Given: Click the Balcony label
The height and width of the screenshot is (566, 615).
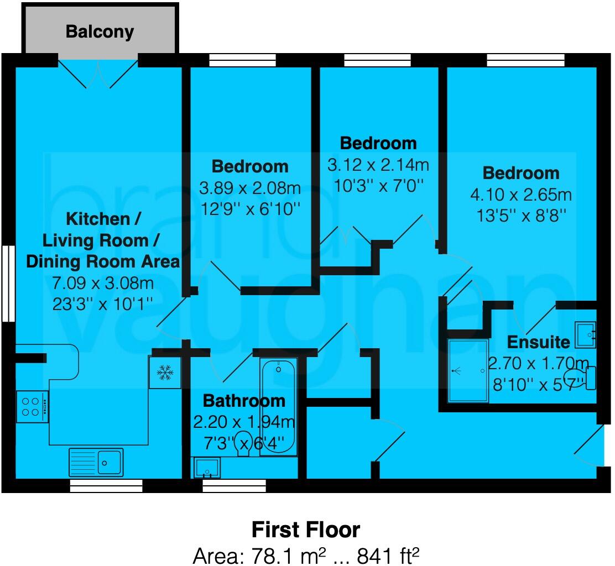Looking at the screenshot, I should point(100,32).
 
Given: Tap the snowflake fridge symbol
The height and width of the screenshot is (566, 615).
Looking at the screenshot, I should point(164,373).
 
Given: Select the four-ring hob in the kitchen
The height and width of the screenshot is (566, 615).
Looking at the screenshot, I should point(32,406).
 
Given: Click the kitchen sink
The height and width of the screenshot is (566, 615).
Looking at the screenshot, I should point(96,462).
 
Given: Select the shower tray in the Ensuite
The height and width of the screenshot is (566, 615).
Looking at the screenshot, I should point(468,370).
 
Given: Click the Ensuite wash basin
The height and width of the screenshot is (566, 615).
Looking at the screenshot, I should point(585,334).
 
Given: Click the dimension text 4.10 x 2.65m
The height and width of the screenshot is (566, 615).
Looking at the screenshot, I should point(521,195).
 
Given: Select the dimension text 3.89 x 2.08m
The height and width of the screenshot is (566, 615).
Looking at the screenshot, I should point(250,188).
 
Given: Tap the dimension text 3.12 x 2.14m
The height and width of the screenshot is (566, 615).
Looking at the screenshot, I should point(378,165).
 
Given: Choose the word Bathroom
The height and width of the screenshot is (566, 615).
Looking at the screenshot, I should point(244,400).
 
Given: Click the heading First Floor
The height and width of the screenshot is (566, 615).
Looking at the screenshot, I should point(306,530).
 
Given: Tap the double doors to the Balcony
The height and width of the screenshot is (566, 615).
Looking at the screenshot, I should point(98,74).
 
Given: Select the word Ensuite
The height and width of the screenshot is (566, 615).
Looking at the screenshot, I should point(538,342).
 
